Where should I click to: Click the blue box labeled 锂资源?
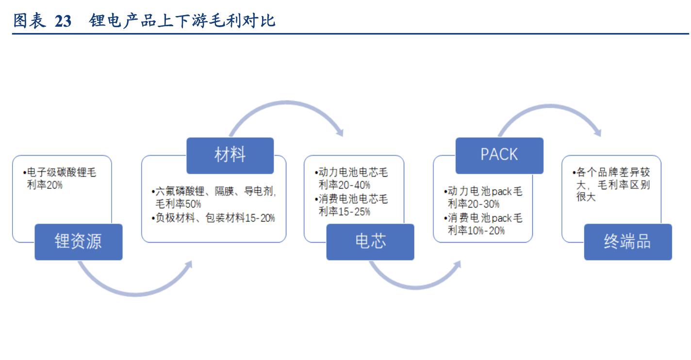coord(78,242)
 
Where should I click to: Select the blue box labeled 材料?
coord(230,155)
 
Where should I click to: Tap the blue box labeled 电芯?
coord(370,242)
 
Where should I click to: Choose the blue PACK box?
coord(499,155)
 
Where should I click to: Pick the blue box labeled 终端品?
coord(627,242)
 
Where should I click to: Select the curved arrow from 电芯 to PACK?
coord(412,283)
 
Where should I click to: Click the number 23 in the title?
coord(63,21)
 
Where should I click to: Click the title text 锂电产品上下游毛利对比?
coord(182,21)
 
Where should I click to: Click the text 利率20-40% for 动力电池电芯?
coord(344,185)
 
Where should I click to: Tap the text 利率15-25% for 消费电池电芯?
coord(344,211)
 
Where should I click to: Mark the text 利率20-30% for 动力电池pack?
coord(473,204)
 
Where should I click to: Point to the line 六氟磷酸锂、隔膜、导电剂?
coord(214,191)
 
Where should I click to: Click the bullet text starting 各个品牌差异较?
coord(611,173)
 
